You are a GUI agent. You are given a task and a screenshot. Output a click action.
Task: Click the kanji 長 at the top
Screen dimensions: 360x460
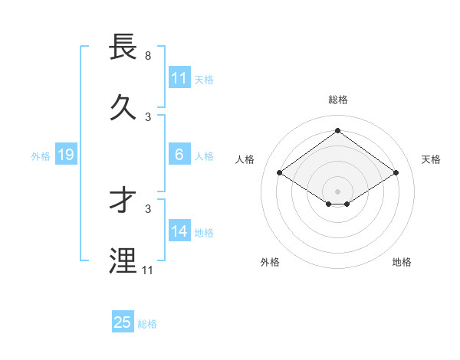pos(124,47)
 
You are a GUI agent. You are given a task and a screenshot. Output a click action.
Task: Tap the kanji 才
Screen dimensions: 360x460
pos(124,201)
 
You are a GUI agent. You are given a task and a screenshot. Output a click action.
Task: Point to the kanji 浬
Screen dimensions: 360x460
pos(124,260)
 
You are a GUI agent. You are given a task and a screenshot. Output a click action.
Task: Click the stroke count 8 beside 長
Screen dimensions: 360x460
pos(147,57)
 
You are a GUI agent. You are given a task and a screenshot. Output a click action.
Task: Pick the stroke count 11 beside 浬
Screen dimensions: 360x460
pos(147,270)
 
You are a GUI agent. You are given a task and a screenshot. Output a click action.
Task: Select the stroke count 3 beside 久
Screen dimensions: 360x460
pos(147,116)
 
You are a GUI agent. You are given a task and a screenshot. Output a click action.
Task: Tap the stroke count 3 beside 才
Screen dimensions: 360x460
pos(147,208)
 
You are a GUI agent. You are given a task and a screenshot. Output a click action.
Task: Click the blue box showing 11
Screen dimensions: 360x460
pos(179,78)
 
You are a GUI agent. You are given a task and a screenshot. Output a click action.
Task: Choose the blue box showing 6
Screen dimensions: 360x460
pos(179,155)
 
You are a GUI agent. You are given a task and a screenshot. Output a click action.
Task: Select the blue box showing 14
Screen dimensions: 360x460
pos(179,231)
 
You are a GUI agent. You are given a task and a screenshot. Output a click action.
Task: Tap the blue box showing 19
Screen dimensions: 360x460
pos(65,155)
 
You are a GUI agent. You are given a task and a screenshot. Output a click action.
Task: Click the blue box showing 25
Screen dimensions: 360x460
pos(123,322)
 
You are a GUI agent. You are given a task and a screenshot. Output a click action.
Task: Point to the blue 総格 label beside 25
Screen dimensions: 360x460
pos(148,324)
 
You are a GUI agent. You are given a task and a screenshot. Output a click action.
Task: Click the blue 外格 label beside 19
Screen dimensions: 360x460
pos(41,156)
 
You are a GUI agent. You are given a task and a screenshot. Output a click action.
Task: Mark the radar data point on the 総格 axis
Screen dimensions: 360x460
pos(337,130)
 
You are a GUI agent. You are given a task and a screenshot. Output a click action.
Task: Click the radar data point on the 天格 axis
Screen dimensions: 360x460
pos(396,173)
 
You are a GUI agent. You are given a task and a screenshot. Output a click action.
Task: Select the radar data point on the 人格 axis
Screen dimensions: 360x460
pos(280,173)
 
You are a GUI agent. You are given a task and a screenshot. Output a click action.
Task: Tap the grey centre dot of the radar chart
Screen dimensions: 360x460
pos(337,191)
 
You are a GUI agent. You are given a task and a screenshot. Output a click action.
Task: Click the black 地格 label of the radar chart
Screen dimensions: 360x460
pos(402,262)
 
